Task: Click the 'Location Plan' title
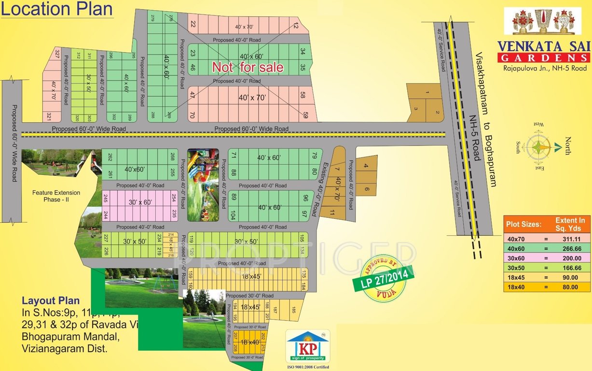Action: tap(57, 9)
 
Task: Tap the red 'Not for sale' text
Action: tap(248, 67)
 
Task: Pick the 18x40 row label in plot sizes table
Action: tap(516, 287)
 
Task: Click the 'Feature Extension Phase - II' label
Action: tap(56, 196)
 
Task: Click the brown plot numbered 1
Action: tap(427, 92)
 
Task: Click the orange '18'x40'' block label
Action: tap(250, 342)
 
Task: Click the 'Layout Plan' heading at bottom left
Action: tap(51, 300)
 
